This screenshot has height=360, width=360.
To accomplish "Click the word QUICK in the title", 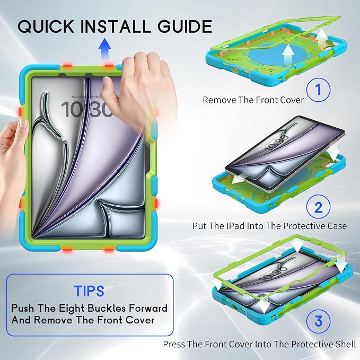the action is [x=46, y=26].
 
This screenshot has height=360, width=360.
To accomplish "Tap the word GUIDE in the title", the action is [x=185, y=26].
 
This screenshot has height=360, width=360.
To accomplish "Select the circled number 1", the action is [x=319, y=90].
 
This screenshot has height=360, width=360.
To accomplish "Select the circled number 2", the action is [x=319, y=207].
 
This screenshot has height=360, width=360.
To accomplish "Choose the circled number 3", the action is [x=319, y=321].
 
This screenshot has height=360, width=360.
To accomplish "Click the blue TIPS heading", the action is [x=89, y=291].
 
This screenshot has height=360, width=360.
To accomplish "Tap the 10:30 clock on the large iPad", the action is [x=87, y=110].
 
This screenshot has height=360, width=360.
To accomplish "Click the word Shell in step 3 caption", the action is [x=345, y=344].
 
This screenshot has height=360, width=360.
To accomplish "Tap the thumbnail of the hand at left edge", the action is [x=23, y=124].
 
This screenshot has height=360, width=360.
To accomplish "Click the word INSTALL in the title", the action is [x=116, y=26].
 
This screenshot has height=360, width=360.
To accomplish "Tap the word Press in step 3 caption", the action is [x=174, y=344].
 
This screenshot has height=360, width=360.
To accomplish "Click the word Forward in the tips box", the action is [x=148, y=308].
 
